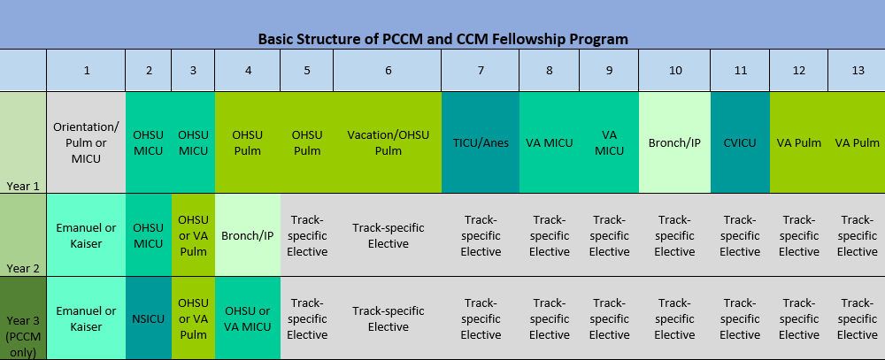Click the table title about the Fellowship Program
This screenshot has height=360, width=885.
click(443, 39)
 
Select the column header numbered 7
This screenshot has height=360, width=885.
click(481, 71)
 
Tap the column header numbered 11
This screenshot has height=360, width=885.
click(741, 71)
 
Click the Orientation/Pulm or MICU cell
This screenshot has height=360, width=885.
click(87, 142)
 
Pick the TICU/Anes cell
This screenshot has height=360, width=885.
click(481, 142)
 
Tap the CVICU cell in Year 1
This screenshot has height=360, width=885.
click(741, 142)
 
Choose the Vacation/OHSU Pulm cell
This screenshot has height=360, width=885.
click(388, 142)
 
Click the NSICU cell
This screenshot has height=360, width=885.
click(149, 318)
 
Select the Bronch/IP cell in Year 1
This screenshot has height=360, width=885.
click(675, 142)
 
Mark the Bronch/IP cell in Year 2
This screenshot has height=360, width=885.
click(248, 235)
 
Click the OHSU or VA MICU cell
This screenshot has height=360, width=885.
click(248, 318)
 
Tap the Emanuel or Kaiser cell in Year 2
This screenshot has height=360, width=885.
click(87, 235)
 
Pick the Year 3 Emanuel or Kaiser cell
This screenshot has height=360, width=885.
click(87, 318)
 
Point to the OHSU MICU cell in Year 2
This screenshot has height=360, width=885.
click(149, 235)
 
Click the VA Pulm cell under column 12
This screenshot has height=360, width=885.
click(798, 142)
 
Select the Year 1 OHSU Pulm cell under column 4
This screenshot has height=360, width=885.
click(248, 142)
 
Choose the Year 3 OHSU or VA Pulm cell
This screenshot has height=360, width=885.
click(193, 318)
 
